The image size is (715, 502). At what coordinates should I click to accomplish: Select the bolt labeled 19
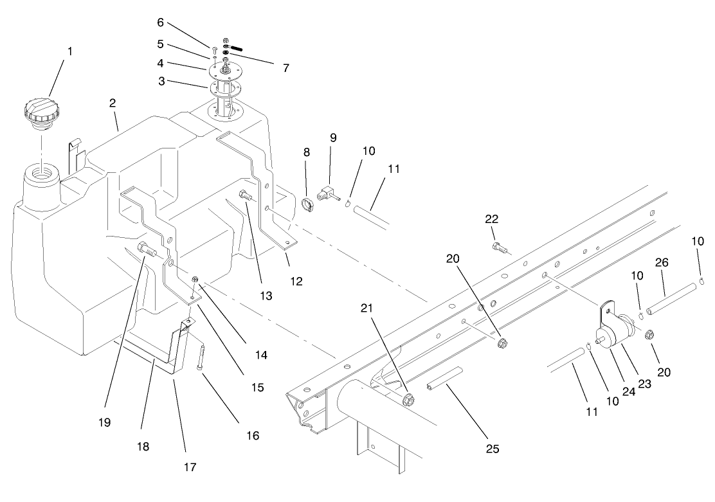(x=147, y=250)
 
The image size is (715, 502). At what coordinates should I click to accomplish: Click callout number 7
(x=285, y=67)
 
